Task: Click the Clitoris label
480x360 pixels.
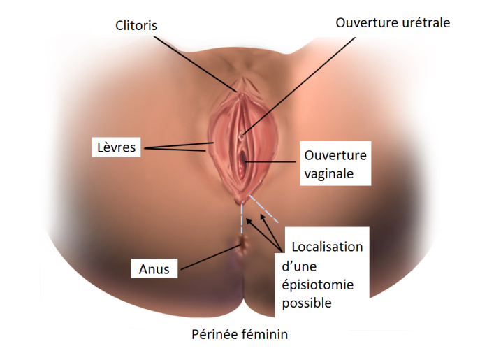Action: (x=136, y=25)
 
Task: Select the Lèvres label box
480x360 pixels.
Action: (x=116, y=147)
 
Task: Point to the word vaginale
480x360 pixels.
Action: (x=329, y=174)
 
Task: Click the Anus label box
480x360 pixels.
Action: (x=154, y=268)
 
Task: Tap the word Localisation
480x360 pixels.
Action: (x=327, y=247)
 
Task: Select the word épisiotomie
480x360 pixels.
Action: (x=318, y=285)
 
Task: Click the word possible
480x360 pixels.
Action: (x=307, y=303)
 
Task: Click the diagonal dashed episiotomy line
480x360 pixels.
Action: (x=263, y=208)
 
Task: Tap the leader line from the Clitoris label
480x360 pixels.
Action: (x=195, y=64)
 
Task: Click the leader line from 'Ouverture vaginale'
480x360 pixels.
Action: (x=270, y=161)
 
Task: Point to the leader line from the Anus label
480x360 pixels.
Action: (x=210, y=258)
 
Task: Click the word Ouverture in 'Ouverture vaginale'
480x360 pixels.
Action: (x=335, y=155)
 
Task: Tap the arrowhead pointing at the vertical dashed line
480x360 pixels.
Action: (x=249, y=221)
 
